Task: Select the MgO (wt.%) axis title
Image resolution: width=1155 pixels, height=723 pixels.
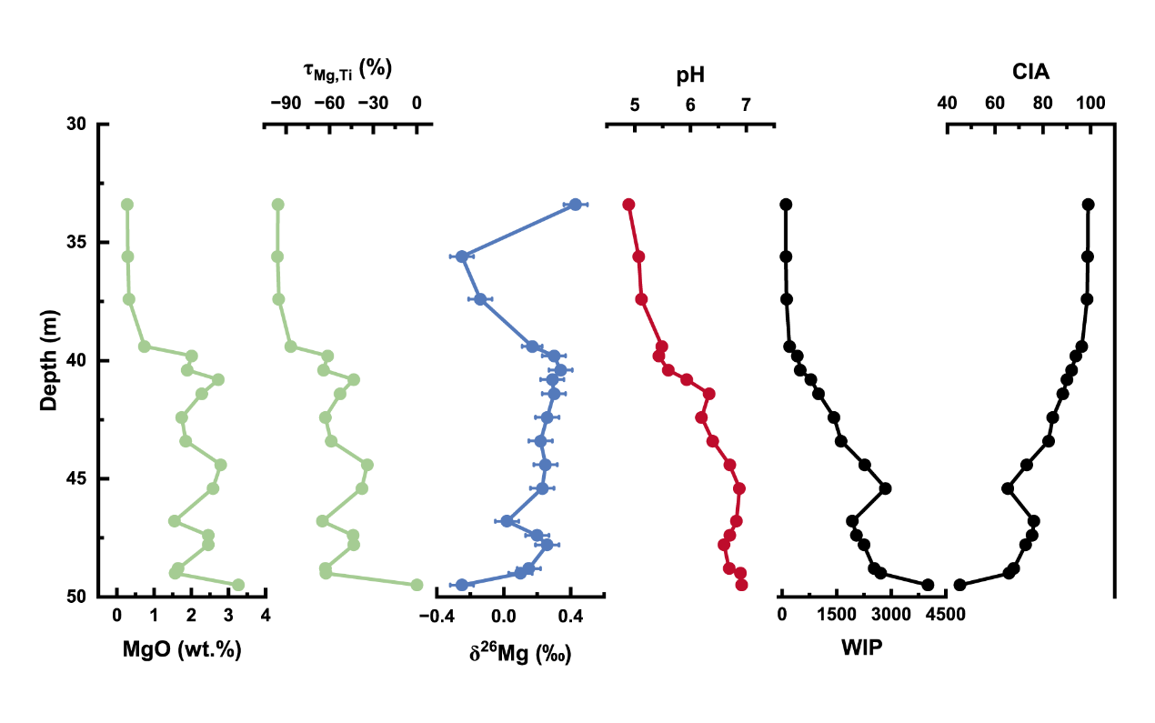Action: tap(182, 651)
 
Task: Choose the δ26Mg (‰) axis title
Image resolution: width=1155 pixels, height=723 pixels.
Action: tap(520, 652)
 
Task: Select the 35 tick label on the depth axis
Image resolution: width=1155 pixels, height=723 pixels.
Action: tap(77, 242)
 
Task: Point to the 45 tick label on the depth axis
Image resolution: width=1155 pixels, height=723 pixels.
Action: tap(77, 478)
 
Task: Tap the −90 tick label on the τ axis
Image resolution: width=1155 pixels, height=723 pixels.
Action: tap(284, 104)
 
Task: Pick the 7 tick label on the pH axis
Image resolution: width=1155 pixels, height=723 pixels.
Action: tap(747, 104)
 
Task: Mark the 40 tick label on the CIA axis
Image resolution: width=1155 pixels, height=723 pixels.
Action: tap(947, 104)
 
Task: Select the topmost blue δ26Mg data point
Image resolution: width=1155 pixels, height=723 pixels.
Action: tap(575, 205)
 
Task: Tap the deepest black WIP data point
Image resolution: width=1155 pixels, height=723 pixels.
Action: tap(928, 585)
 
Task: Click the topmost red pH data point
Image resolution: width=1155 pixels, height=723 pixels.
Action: tap(628, 205)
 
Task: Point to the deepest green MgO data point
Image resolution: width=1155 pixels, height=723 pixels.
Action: tap(238, 585)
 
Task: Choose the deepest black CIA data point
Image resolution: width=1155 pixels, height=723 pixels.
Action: tap(959, 585)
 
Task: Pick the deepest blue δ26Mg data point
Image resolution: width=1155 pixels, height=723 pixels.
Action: tap(461, 585)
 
